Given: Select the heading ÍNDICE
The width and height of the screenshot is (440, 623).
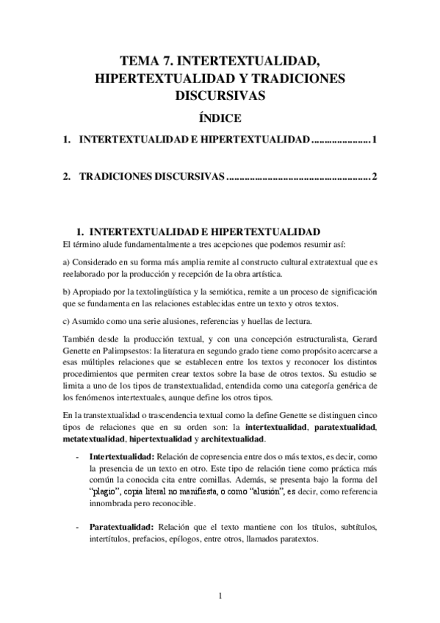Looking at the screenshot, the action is [220, 118].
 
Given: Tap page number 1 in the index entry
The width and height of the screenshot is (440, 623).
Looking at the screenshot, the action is [375, 140].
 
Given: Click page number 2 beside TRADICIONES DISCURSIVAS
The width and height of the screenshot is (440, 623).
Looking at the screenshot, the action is [375, 178].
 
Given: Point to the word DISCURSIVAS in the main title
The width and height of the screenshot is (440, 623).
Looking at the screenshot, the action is [220, 95].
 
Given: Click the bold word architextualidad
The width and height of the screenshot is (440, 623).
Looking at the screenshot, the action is [228, 439].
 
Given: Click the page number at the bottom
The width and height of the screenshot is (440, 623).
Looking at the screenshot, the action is [220, 595].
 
